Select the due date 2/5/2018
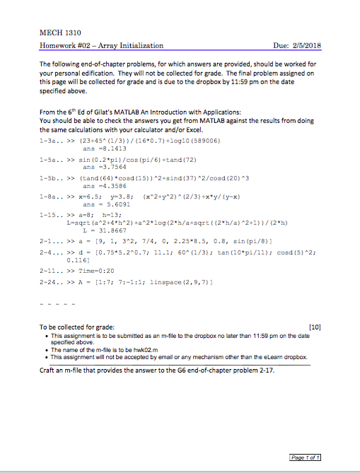click(306, 46)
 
